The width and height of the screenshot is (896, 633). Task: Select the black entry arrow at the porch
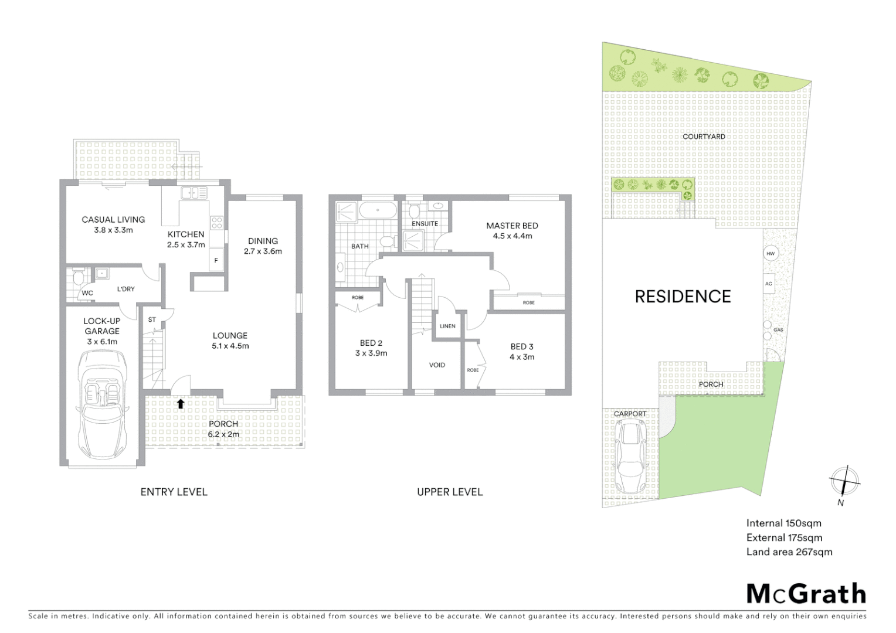click(x=181, y=404)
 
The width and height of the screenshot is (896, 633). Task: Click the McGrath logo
click(x=806, y=594)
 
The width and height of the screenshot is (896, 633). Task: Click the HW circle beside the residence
click(x=770, y=254)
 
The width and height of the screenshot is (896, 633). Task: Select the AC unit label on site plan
click(x=769, y=284)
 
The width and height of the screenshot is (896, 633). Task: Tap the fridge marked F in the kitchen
click(x=216, y=261)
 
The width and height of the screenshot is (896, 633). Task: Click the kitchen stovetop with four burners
click(x=216, y=222)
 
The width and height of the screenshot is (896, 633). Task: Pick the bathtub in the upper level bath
click(x=378, y=210)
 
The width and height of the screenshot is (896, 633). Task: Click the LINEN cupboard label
click(x=447, y=326)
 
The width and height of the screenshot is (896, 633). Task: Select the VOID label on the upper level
click(x=437, y=365)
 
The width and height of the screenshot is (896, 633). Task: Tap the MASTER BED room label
click(x=511, y=226)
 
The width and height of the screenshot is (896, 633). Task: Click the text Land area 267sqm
click(x=789, y=552)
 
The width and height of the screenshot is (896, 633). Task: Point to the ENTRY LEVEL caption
click(x=174, y=492)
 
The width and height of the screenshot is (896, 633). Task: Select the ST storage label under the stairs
click(x=152, y=319)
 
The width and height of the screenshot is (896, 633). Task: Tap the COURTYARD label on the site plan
click(x=704, y=137)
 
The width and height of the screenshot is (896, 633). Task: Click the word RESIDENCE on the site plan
click(x=683, y=297)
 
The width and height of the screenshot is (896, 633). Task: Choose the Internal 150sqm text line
click(x=783, y=523)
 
